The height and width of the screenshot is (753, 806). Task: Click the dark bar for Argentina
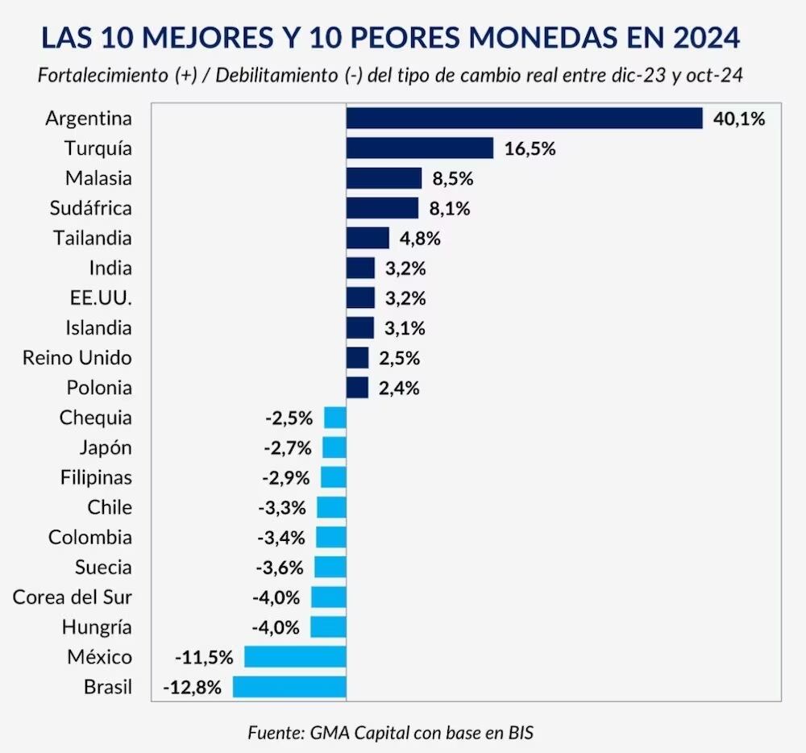tap(524, 119)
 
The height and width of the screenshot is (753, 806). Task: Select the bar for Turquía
tap(419, 148)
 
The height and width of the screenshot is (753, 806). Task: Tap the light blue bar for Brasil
tap(289, 687)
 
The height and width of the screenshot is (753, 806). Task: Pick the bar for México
tap(295, 657)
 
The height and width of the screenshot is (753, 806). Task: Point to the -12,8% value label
tap(192, 688)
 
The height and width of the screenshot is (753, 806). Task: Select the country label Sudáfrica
tap(89, 208)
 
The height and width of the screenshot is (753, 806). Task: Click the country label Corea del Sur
tap(73, 597)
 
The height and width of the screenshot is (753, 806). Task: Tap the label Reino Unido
tap(77, 358)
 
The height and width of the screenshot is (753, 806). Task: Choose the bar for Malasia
tap(384, 178)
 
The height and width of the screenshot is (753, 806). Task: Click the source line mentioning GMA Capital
tap(391, 733)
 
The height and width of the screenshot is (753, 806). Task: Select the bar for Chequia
tap(335, 418)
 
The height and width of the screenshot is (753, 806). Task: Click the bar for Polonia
tap(357, 388)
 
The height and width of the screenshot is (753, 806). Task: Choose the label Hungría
tap(97, 627)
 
